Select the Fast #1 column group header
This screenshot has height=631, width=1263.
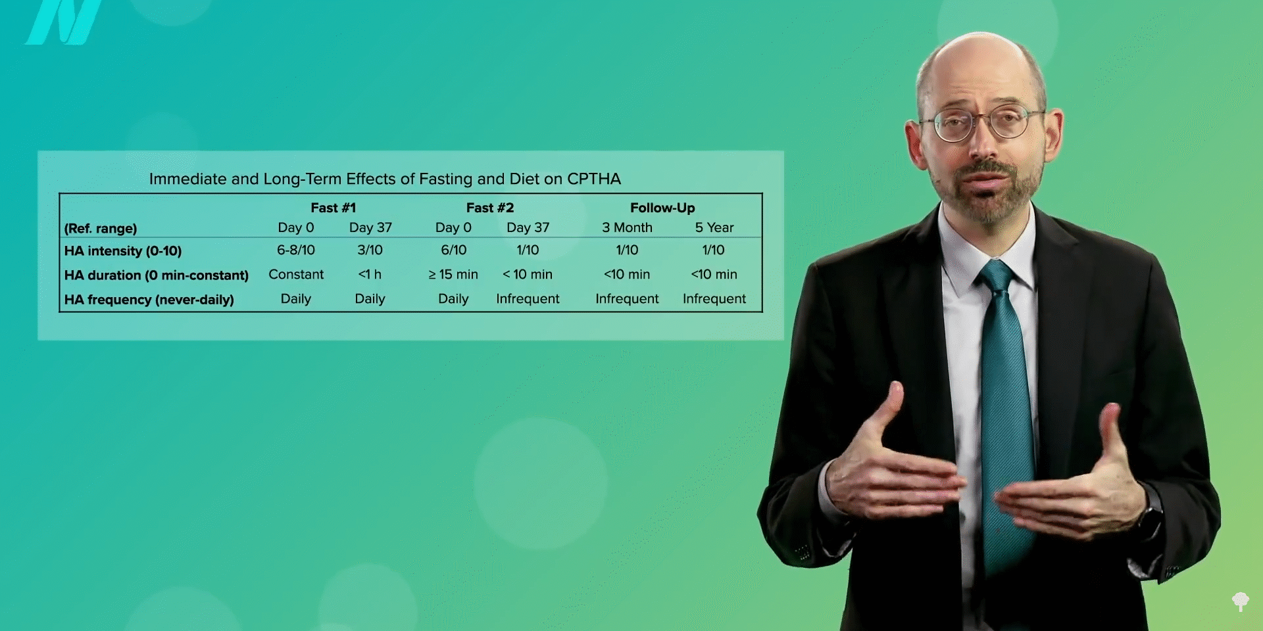point(333,208)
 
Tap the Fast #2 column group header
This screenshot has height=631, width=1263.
point(490,208)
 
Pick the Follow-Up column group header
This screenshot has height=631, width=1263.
point(662,208)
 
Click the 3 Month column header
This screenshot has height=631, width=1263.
point(627,227)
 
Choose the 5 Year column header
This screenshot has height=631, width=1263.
point(714,227)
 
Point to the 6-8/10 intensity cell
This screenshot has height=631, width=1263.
point(296,250)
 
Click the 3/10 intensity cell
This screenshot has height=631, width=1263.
point(370,250)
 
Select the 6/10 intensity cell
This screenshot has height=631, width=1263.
point(453,250)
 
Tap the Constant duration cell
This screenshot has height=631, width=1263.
point(296,274)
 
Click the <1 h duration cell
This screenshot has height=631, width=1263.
point(370,274)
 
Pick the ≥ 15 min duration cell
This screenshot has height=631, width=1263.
point(453,274)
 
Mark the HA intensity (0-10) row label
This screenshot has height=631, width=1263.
point(123,250)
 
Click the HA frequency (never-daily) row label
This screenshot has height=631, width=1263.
point(149,300)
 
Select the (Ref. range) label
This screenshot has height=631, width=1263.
point(101,229)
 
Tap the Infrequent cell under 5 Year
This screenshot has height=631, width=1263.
point(714,298)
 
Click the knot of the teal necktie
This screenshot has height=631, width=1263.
point(996,276)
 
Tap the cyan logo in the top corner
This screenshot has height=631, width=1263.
point(64,22)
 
